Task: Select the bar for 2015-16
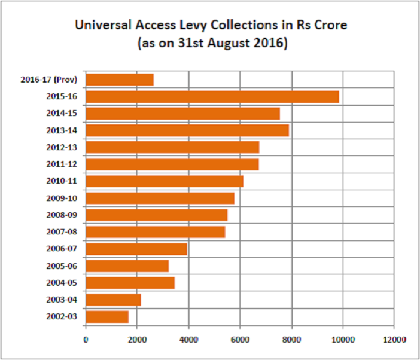[x=212, y=96]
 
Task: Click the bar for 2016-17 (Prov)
[x=120, y=79]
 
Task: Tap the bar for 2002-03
[x=107, y=316]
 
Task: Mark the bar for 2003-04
[x=113, y=300]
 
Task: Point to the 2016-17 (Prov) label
[x=52, y=79]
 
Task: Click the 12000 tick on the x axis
[x=394, y=340]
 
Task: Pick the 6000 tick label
[x=240, y=340]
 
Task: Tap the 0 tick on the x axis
[x=86, y=340]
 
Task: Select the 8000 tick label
[x=291, y=340]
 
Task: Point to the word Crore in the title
[x=330, y=26]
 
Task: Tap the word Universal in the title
[x=100, y=26]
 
